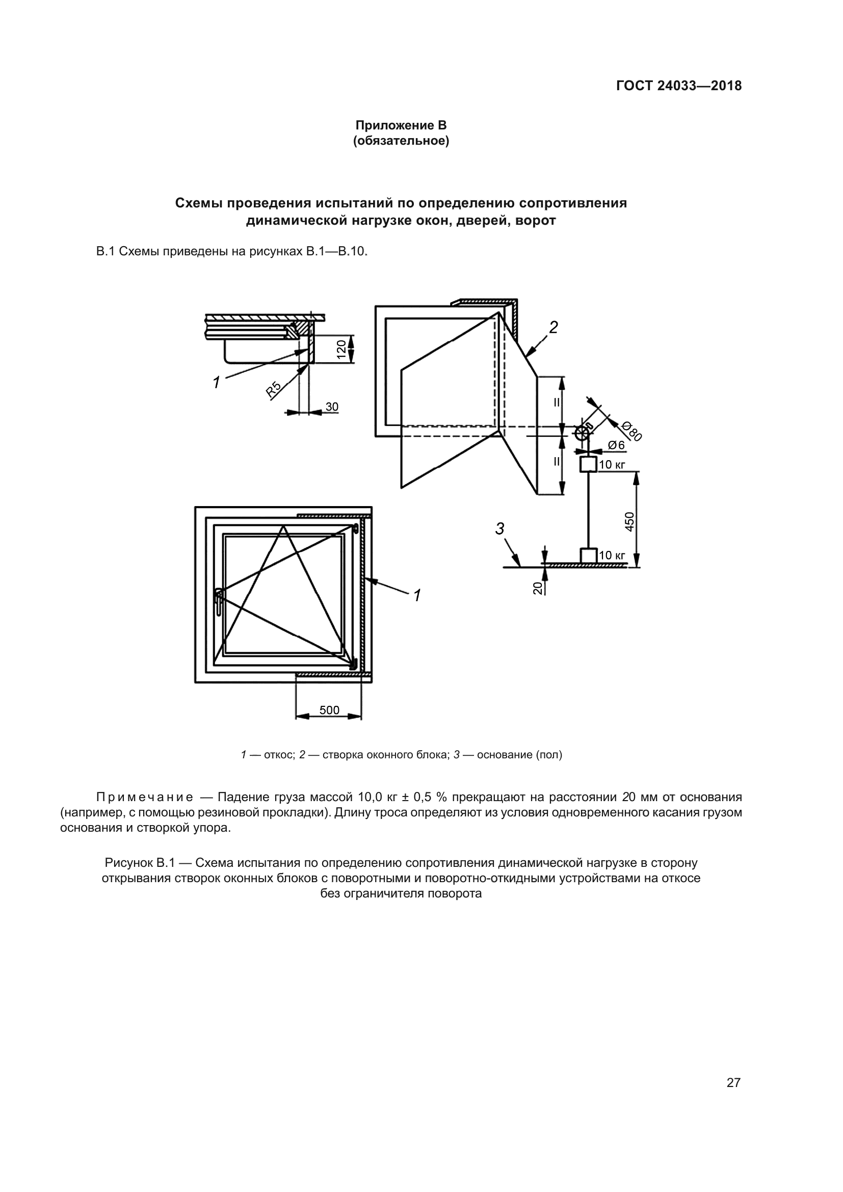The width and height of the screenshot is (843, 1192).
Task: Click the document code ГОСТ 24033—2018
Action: pos(679,86)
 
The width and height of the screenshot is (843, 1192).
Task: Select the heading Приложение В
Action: pos(401,125)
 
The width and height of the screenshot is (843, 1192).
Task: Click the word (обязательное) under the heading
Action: pos(401,141)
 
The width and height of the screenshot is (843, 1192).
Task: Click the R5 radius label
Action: pos(274,389)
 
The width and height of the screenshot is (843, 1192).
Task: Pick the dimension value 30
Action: pos(332,407)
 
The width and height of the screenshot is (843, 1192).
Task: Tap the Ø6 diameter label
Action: pos(616,445)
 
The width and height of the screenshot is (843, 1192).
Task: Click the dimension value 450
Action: pos(629,522)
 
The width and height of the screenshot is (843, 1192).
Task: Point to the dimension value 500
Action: pos(329,710)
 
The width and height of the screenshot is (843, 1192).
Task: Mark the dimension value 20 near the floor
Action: pos(538,588)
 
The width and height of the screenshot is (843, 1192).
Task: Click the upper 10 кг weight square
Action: pos(588,464)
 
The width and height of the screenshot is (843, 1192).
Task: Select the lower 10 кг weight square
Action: pos(588,555)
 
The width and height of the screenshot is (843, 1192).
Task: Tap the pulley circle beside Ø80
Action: pos(584,432)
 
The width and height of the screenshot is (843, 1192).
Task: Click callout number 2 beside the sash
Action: pos(554,328)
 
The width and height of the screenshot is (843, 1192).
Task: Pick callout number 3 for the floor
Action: pos(499,529)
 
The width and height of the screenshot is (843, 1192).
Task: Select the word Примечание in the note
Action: pos(145,797)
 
